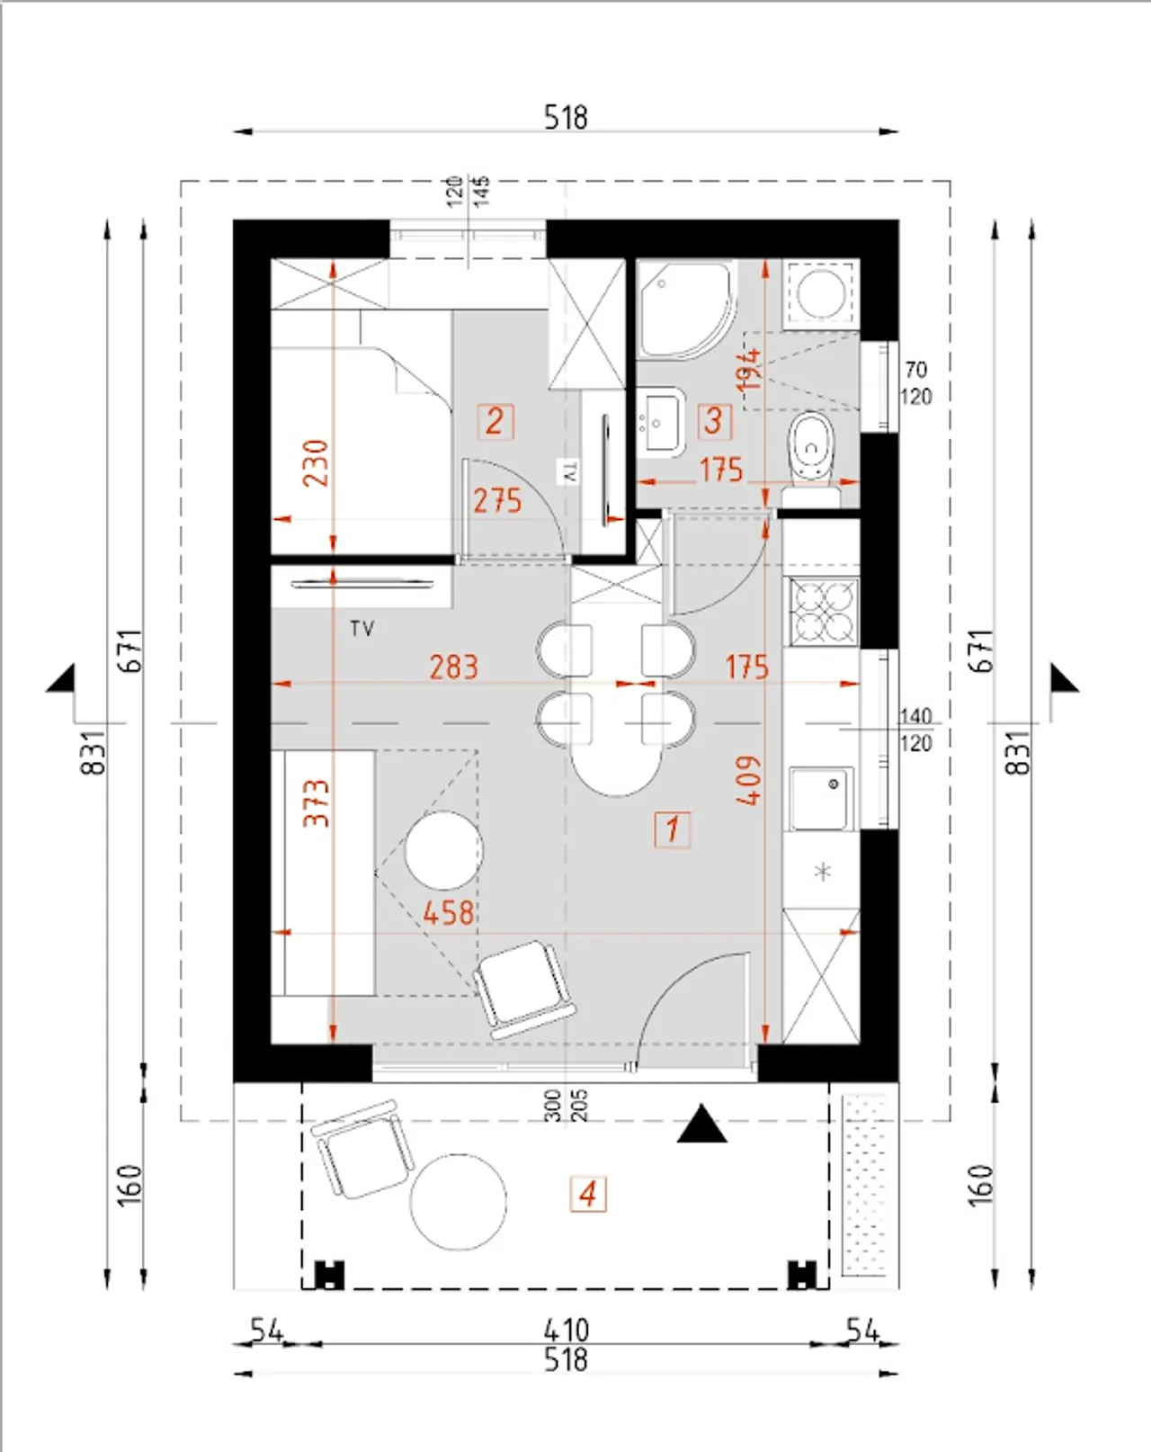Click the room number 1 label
672,829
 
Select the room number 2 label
495,422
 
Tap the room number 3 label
714,422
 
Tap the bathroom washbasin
661,422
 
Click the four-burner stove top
823,612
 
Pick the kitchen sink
821,800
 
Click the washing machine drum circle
821,293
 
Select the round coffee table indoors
444,850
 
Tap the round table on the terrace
459,1202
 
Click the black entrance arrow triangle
701,1124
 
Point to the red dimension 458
449,913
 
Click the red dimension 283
454,667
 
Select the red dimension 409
749,780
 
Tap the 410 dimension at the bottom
566,1331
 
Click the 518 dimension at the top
566,117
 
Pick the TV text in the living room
362,630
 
